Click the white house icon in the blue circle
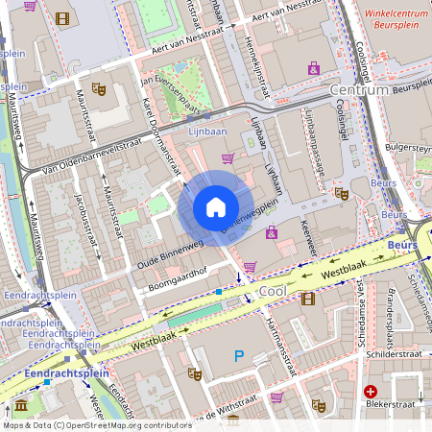tap(216, 207)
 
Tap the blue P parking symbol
tap(239, 357)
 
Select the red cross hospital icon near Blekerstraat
tap(371, 392)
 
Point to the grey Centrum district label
tap(358, 89)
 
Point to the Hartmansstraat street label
tap(273, 344)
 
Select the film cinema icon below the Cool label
tap(307, 299)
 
